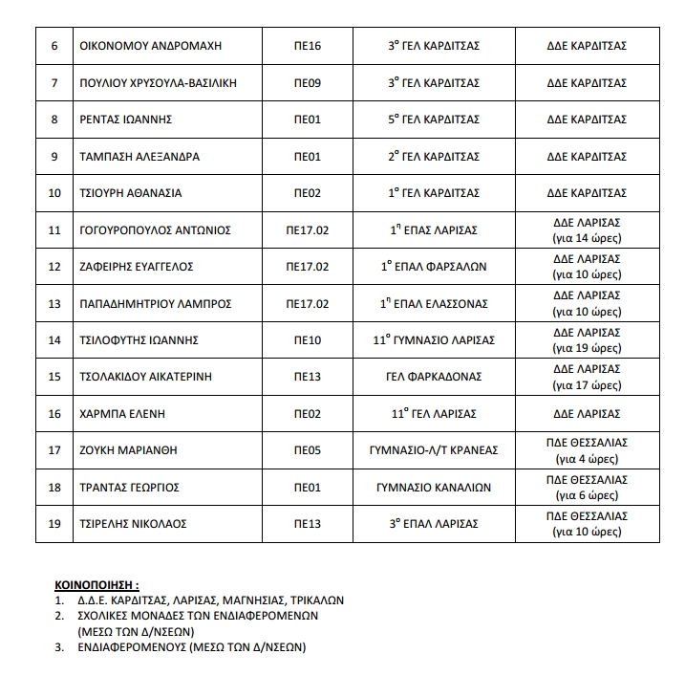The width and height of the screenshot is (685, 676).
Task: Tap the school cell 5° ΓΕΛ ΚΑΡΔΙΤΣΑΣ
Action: pos(433,120)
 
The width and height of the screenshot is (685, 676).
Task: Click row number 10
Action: pos(54,193)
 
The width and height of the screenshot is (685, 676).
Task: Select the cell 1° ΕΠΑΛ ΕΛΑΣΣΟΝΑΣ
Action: pos(433,303)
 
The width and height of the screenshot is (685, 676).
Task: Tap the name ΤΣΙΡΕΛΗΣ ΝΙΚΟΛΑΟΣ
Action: pos(133,524)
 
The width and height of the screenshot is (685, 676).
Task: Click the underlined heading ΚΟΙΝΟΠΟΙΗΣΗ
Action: pos(96,582)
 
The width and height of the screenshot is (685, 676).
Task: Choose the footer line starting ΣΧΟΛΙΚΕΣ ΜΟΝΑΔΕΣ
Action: pos(198,616)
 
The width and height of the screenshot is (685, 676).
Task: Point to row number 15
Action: pos(54,377)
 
